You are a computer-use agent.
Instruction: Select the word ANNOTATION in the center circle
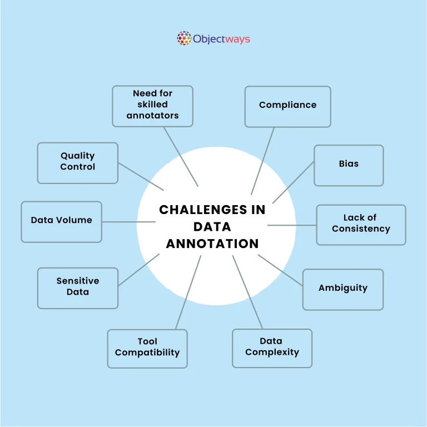coord(212,244)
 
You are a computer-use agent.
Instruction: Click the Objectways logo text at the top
coord(221,39)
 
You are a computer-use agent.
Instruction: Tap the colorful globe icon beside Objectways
coord(184,38)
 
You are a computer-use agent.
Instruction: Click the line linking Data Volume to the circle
coord(128,221)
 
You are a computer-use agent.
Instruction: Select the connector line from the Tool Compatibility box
coord(188,292)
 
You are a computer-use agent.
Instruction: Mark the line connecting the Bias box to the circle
coord(294,182)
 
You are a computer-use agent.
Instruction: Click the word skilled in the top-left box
coord(152,105)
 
